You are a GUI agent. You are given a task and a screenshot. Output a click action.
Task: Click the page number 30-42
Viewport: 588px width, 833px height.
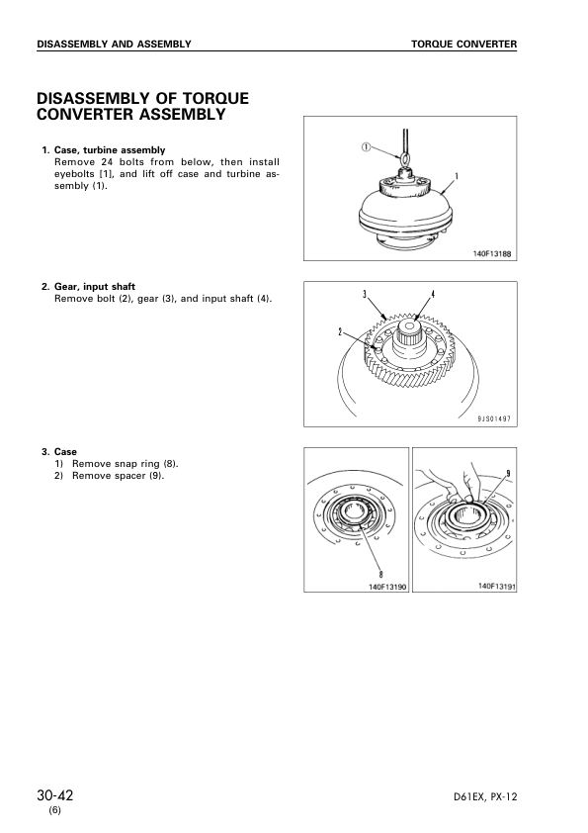pyautogui.click(x=55, y=795)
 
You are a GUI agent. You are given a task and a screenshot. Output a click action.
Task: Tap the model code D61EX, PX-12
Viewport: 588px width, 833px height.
pyautogui.click(x=485, y=796)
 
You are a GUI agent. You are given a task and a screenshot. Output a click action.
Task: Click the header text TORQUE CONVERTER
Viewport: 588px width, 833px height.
pyautogui.click(x=463, y=45)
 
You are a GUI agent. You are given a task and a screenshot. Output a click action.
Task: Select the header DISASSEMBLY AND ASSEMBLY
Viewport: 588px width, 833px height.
pyautogui.click(x=114, y=45)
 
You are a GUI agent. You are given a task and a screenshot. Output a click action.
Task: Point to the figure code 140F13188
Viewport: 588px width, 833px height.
pyautogui.click(x=492, y=254)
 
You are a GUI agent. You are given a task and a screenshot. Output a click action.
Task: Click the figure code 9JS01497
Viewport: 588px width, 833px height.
pyautogui.click(x=493, y=418)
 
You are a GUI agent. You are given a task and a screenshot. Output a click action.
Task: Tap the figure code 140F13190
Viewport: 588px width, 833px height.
pyautogui.click(x=387, y=587)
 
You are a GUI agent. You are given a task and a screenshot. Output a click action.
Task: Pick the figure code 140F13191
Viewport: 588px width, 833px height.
pyautogui.click(x=497, y=586)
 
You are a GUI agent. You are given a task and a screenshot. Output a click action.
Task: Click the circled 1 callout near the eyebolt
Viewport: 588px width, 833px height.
pyautogui.click(x=367, y=147)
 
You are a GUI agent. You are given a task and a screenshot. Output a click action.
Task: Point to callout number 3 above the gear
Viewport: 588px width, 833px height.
pyautogui.click(x=365, y=294)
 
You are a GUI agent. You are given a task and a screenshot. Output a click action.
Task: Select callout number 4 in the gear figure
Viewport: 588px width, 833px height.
pyautogui.click(x=433, y=294)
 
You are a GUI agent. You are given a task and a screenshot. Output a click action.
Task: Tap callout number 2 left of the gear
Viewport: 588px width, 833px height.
pyautogui.click(x=340, y=332)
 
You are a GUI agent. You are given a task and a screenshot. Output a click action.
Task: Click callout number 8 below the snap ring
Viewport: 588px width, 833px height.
pyautogui.click(x=381, y=574)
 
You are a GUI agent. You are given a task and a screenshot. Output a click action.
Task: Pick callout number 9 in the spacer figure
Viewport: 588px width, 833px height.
pyautogui.click(x=508, y=473)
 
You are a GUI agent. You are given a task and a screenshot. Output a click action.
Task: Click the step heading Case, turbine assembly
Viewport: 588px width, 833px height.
pyautogui.click(x=110, y=150)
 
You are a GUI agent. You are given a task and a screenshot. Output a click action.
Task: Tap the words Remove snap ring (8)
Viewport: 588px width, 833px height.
pyautogui.click(x=126, y=464)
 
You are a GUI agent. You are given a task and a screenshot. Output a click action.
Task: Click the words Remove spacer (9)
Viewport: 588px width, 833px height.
pyautogui.click(x=119, y=476)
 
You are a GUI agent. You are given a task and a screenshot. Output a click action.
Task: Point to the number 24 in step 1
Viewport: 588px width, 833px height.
pyautogui.click(x=106, y=162)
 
